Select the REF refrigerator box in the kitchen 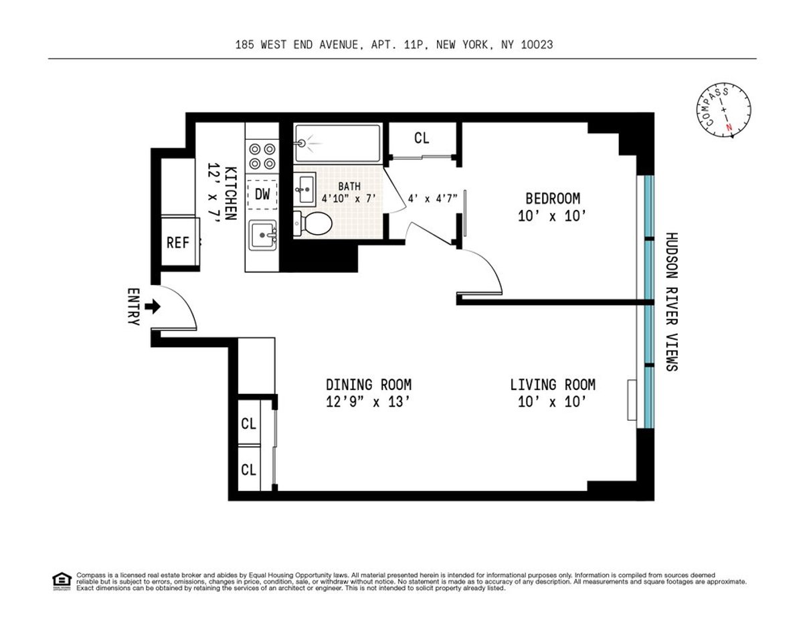point(178,243)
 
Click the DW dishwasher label point(263,195)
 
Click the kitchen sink point(262,236)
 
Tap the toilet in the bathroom point(311,224)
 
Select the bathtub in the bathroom point(337,142)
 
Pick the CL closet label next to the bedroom point(421,138)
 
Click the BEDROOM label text point(552,199)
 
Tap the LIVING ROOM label point(552,385)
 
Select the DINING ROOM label point(368,385)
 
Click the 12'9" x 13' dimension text point(368,403)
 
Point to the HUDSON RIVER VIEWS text point(671,302)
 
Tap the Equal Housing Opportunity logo point(61,581)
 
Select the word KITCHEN point(230,193)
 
